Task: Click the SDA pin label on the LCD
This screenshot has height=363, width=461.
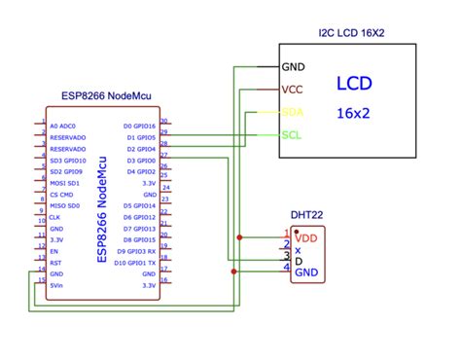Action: [292, 112]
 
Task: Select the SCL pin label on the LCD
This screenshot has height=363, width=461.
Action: [291, 134]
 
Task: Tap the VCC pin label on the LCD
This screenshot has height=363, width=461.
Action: [292, 90]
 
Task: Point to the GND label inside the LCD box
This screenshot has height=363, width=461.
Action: [293, 67]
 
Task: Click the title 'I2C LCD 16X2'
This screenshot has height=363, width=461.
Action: [351, 32]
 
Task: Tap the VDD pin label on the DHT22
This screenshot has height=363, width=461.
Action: [306, 236]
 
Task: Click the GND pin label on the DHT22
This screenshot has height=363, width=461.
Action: [306, 272]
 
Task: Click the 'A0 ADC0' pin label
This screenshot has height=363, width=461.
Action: [60, 127]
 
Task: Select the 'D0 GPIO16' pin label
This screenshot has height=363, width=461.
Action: [140, 127]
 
